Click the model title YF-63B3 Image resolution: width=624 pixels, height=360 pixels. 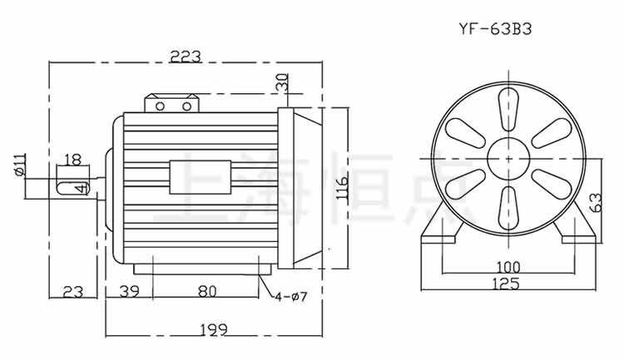coord(494,27)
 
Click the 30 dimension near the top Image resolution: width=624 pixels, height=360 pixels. coord(281,83)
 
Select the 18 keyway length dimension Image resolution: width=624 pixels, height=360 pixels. coord(72,159)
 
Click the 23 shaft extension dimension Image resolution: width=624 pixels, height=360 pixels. coord(74,292)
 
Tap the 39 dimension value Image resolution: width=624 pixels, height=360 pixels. coord(129,292)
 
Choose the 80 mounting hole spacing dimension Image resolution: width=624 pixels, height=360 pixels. coord(206,292)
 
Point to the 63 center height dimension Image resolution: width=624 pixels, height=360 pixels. coord(595,202)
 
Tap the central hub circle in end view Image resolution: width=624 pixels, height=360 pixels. coord(507,155)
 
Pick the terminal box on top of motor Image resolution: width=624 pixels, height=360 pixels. coord(174,105)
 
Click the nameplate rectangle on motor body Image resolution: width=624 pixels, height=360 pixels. coord(201,176)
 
